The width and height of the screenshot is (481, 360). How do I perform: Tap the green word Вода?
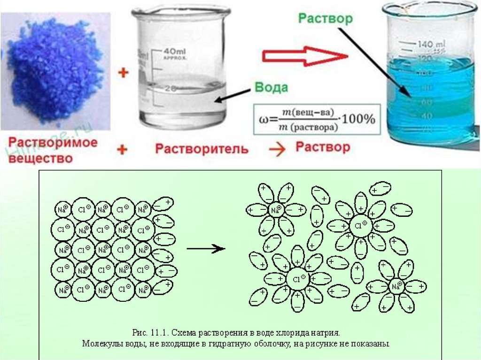271,88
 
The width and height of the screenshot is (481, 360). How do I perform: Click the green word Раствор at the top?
325,18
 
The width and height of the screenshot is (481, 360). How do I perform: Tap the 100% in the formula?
358,119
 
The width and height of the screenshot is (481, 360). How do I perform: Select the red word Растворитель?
202,149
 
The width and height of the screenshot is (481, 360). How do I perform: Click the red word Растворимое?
54,142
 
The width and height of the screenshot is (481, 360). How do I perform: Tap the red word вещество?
42,159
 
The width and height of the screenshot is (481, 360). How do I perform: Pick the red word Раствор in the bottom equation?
323,147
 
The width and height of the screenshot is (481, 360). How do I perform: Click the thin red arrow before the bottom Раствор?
278,149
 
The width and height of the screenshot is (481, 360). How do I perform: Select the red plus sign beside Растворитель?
122,150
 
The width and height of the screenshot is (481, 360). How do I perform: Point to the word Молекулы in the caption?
101,344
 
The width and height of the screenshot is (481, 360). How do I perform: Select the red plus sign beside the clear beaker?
123,73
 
